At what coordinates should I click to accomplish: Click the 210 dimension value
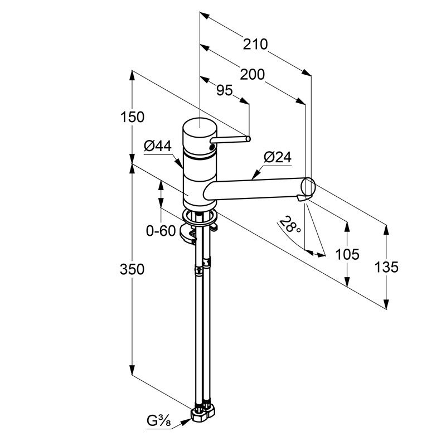255,45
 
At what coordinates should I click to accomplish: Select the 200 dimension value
253,75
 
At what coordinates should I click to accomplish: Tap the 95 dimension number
225,91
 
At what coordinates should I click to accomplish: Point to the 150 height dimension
132,117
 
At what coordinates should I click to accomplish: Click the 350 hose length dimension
132,269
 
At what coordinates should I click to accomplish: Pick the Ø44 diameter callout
158,146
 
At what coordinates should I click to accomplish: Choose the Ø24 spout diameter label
278,157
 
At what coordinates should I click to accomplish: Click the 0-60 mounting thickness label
161,230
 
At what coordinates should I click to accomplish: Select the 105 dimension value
347,254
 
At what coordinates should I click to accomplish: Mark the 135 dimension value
386,268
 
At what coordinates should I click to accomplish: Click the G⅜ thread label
159,421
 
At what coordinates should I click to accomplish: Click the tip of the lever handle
248,138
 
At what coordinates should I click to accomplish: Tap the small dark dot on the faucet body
212,147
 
